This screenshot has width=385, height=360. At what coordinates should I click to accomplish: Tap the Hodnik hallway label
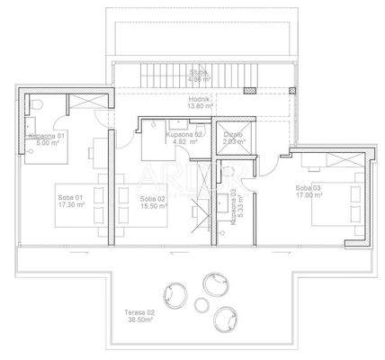[199, 99]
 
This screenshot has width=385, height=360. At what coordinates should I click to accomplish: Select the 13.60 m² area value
[199, 106]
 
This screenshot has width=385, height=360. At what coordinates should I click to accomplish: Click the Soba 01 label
[70, 197]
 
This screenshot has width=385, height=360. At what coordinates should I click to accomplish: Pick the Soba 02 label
[155, 197]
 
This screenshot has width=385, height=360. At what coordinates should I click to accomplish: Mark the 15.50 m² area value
[155, 205]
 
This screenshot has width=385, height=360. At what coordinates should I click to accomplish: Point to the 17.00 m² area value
[308, 194]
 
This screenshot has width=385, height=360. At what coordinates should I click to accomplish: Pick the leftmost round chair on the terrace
[170, 294]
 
